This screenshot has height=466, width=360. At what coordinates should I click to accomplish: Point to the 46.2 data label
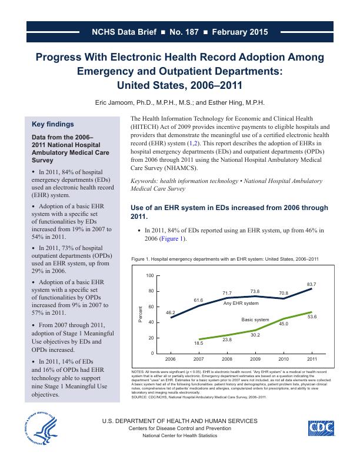click(x=171, y=312)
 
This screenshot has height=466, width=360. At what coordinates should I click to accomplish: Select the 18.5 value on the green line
click(x=199, y=342)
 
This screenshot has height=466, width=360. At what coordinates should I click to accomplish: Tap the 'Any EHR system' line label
click(x=241, y=303)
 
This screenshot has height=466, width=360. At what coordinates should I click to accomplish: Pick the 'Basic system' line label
click(x=255, y=319)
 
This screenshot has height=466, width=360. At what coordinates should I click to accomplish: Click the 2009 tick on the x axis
click(x=255, y=358)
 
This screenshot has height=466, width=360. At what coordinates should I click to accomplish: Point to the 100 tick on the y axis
click(x=149, y=276)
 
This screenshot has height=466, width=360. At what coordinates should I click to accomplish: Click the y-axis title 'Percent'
click(x=141, y=314)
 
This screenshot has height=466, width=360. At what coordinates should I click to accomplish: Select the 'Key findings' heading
click(x=52, y=124)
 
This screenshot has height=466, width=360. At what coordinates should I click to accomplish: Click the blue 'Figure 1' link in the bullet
click(x=173, y=239)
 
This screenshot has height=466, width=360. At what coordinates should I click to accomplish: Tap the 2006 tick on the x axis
click(x=171, y=358)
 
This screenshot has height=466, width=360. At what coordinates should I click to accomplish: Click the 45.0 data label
click(x=284, y=324)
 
